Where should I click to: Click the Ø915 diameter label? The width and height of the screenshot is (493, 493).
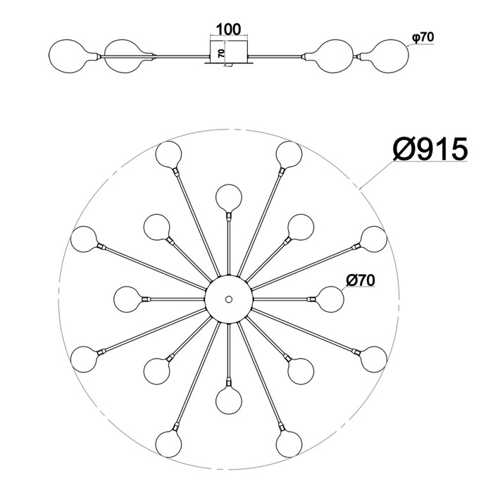430,149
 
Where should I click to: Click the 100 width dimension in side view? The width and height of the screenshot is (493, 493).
229,30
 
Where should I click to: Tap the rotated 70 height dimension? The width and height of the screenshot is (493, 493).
221,53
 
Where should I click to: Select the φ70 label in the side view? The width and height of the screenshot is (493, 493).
423,38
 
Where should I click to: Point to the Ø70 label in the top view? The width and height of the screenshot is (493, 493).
361,280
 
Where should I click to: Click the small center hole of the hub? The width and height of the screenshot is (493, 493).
229,299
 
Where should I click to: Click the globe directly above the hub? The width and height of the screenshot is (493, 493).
229,198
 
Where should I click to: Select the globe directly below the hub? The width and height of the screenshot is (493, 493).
229,401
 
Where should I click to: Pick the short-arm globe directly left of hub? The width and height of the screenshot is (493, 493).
127,299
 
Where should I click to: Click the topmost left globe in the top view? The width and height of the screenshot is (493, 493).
169,154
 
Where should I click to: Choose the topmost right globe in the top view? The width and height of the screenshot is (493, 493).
289,154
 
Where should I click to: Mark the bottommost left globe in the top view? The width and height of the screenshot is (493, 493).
169,444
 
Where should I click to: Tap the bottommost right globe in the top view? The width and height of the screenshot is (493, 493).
289,444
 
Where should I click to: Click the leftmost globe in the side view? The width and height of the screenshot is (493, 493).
67,56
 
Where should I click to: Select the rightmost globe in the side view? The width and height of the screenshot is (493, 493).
391,56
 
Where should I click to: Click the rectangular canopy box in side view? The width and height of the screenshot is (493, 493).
229,51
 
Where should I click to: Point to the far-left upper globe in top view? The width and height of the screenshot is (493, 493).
84,239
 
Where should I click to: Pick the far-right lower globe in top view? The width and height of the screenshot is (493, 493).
373,359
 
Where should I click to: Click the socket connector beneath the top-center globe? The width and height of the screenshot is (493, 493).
229,216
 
